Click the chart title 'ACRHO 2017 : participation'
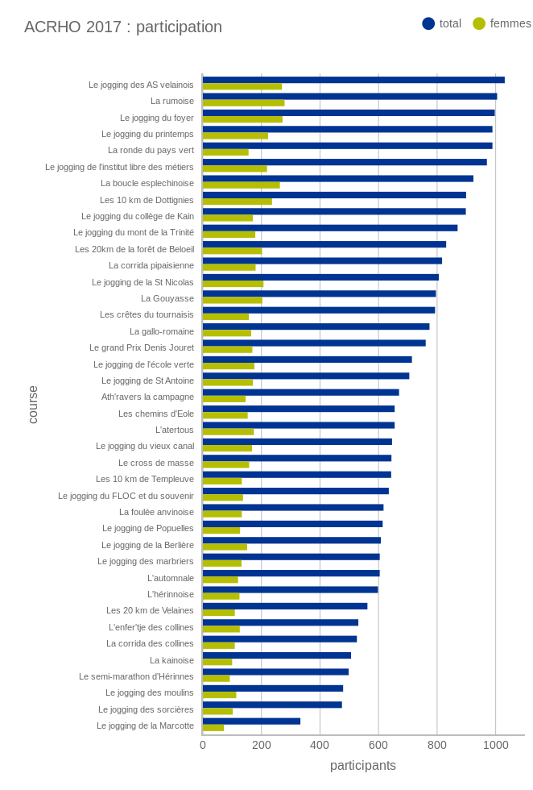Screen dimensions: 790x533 (123, 27)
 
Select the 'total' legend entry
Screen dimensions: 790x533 (441, 23)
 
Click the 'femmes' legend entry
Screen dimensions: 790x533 (502, 23)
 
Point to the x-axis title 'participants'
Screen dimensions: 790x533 (363, 765)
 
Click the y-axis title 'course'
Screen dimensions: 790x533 (33, 405)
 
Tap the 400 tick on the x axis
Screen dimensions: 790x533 (320, 745)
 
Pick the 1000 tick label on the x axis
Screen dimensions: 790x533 (495, 745)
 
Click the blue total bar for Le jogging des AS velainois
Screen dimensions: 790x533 (353, 80)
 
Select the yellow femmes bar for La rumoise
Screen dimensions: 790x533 (243, 103)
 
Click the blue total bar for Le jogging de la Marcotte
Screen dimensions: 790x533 (251, 721)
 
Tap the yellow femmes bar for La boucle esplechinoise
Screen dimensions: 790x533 (242, 185)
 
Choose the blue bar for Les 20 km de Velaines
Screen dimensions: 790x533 (285, 606)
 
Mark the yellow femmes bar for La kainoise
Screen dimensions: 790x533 (217, 663)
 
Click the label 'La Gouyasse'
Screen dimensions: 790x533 (167, 298)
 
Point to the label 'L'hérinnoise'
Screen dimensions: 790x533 (171, 594)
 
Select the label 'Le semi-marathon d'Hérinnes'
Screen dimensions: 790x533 (136, 676)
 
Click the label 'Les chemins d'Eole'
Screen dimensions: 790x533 (156, 414)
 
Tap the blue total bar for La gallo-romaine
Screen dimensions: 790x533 (316, 326)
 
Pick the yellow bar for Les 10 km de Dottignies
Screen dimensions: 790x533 (238, 202)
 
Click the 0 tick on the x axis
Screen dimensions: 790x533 (203, 745)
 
